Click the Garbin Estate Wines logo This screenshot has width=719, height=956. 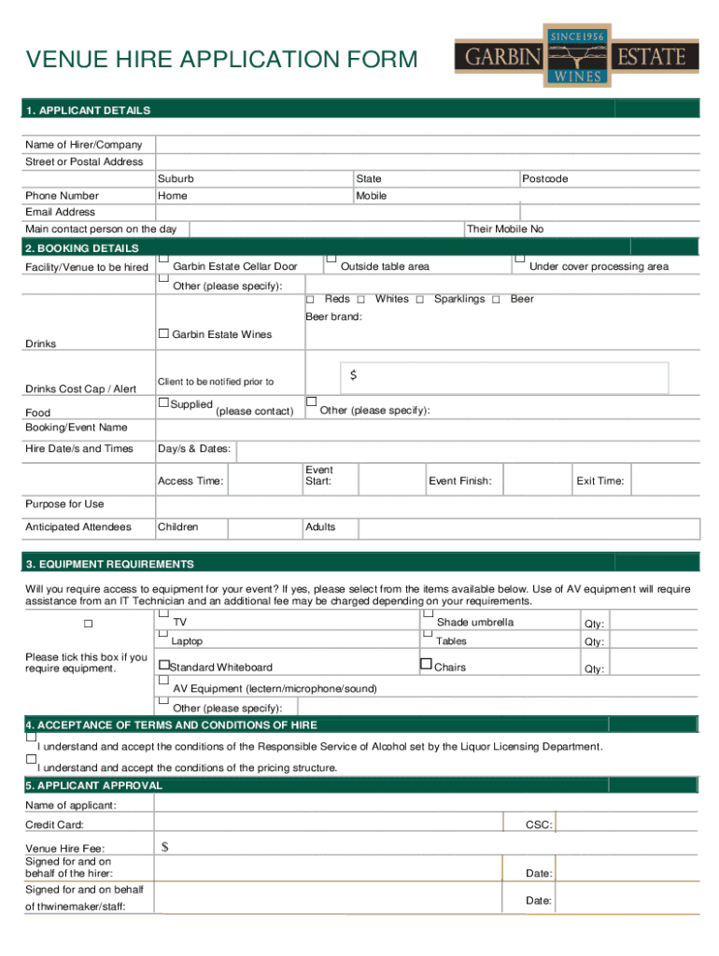pos(576,56)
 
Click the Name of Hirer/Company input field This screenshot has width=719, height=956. pos(428,145)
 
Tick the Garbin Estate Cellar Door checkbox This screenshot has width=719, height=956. pos(163,258)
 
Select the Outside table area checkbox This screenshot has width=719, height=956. pos(331,258)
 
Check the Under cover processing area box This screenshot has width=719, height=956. pos(520,258)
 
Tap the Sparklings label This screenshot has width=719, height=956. pos(459,299)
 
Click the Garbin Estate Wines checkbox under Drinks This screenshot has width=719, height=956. pos(163,333)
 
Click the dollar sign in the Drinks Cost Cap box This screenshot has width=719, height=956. pos(354,375)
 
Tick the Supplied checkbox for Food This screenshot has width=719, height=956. pos(163,403)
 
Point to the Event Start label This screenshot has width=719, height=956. pos(318,476)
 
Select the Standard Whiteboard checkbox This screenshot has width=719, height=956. pos(163,666)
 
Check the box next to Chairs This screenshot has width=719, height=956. pos(427,665)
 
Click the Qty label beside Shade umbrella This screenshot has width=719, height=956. pos(594,624)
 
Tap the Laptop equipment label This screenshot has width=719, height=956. pos(187,641)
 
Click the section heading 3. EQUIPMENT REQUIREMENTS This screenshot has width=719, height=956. pos(110,564)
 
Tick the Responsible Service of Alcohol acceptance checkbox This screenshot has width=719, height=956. pos(31,738)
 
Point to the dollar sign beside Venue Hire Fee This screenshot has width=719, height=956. pos(165,848)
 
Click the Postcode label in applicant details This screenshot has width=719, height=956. pos(544,178)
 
